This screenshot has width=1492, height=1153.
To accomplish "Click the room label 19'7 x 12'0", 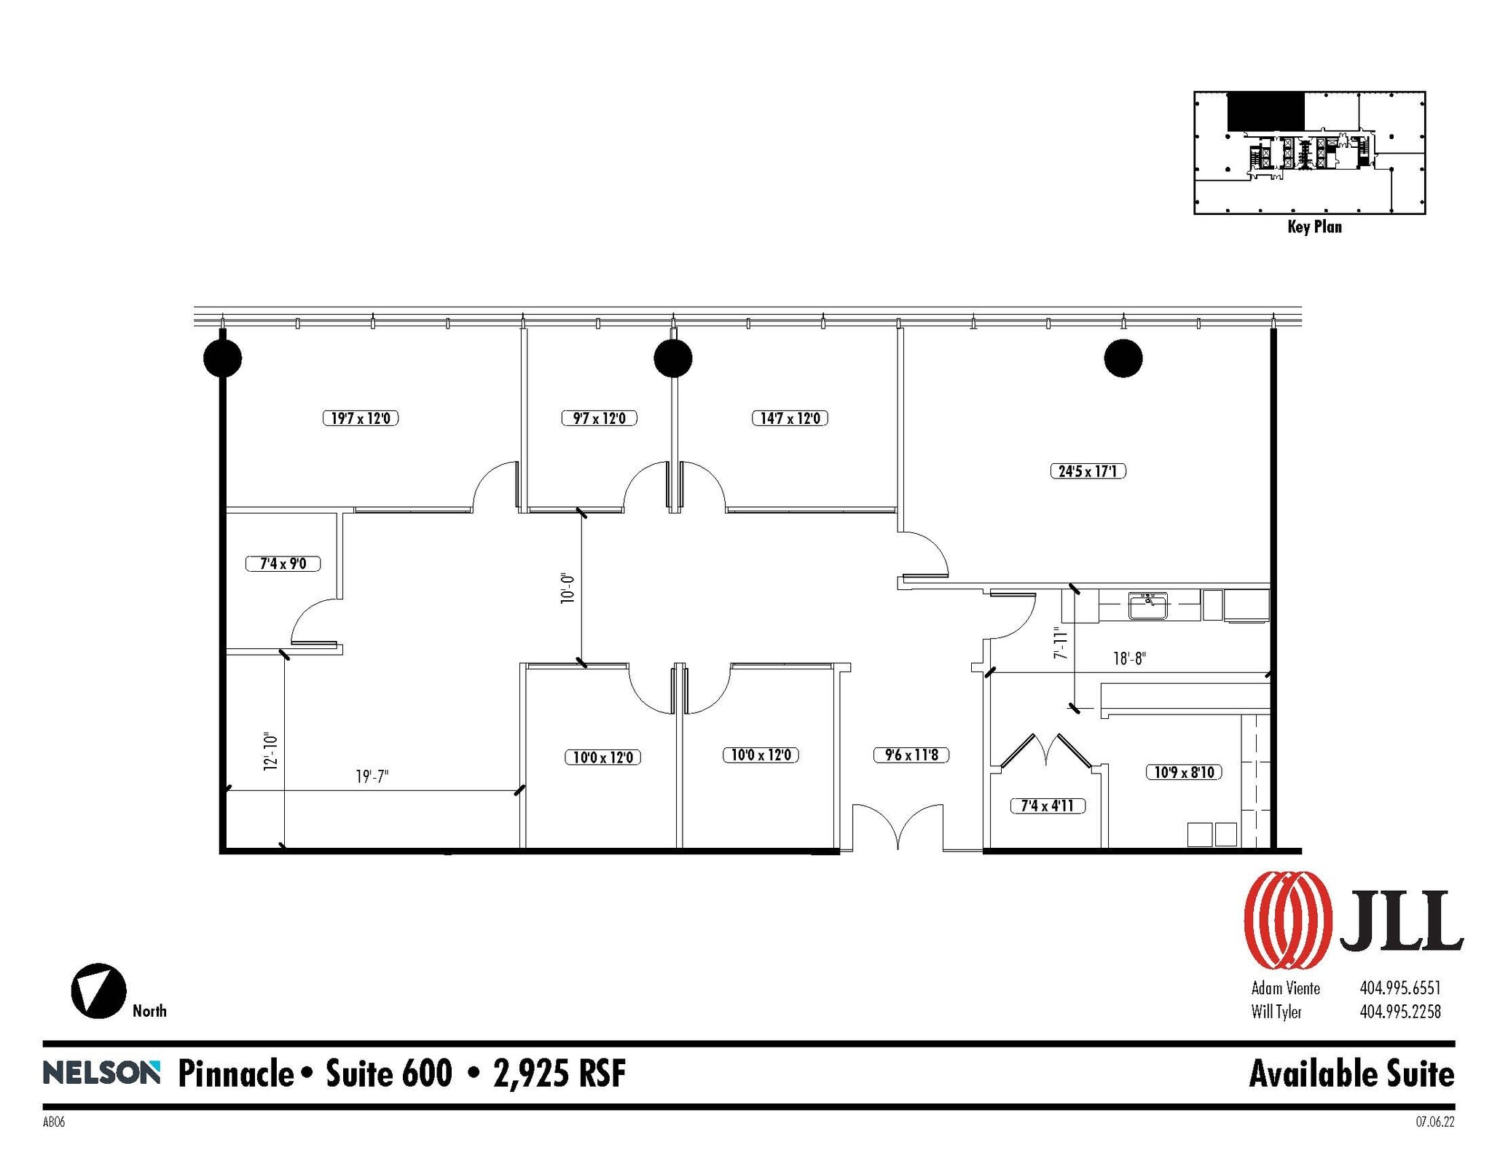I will click(x=360, y=418).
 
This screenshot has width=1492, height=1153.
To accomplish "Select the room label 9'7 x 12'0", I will click(x=599, y=418).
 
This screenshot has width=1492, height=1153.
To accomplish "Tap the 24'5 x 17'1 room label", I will click(x=1088, y=471).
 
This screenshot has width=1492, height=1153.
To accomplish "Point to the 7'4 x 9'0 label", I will click(x=283, y=563).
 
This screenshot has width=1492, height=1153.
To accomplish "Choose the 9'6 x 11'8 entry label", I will click(x=911, y=755).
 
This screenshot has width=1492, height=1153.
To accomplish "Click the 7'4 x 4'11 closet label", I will click(x=1047, y=806).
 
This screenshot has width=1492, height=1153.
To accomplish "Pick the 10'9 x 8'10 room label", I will click(x=1183, y=772).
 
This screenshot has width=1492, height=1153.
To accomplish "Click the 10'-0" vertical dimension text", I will click(x=568, y=589).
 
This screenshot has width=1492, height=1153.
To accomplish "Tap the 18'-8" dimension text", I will click(x=1129, y=658).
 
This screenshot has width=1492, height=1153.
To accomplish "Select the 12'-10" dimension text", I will click(x=271, y=752).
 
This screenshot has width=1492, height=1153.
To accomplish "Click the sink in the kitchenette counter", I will click(x=1147, y=605).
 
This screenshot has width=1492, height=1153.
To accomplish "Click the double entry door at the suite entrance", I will click(x=898, y=827).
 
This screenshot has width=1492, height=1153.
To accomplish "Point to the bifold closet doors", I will click(x=1045, y=750).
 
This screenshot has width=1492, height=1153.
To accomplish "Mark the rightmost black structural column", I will click(x=1123, y=358).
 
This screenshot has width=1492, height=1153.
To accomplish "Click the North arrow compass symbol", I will click(x=98, y=991).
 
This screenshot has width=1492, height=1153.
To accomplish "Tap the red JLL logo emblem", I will click(x=1288, y=921).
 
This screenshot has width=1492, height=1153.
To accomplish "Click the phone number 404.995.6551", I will click(x=1399, y=988).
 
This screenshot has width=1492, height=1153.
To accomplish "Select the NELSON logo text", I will click(x=101, y=1073).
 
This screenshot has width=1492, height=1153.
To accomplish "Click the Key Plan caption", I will click(x=1314, y=227).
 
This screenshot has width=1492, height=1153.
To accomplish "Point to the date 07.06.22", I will click(x=1434, y=1122).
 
